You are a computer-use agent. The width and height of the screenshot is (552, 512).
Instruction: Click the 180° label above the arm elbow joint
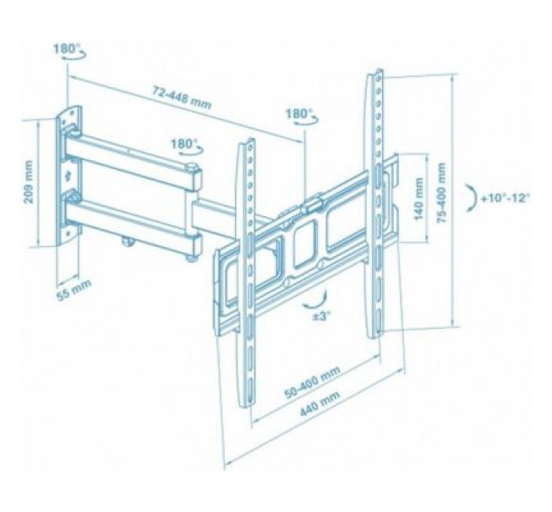tap(184, 143)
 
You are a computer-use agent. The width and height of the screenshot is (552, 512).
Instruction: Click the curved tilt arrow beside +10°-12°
tap(469, 197)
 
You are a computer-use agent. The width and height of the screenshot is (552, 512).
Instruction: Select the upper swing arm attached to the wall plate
tap(130, 156)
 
